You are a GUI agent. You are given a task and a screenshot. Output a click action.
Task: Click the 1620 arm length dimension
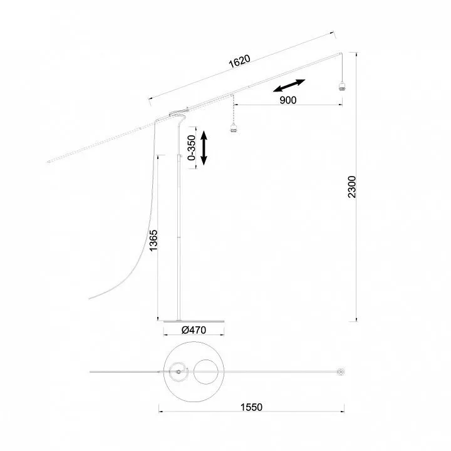[239, 61]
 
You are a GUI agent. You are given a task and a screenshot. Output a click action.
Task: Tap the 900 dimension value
[288, 100]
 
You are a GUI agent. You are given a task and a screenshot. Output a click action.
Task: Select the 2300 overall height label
[352, 187]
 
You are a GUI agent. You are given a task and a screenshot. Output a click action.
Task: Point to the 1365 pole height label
[153, 240]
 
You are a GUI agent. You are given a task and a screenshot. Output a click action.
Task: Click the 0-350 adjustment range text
[191, 148]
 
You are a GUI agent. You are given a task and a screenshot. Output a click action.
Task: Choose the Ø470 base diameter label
[194, 330]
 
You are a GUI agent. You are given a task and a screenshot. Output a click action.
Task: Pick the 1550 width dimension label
[251, 407]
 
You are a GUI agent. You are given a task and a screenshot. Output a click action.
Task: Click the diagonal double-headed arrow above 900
[289, 85]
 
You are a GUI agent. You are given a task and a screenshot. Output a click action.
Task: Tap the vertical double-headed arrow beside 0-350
[204, 148]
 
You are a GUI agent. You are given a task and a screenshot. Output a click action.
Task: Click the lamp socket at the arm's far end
[341, 86]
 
